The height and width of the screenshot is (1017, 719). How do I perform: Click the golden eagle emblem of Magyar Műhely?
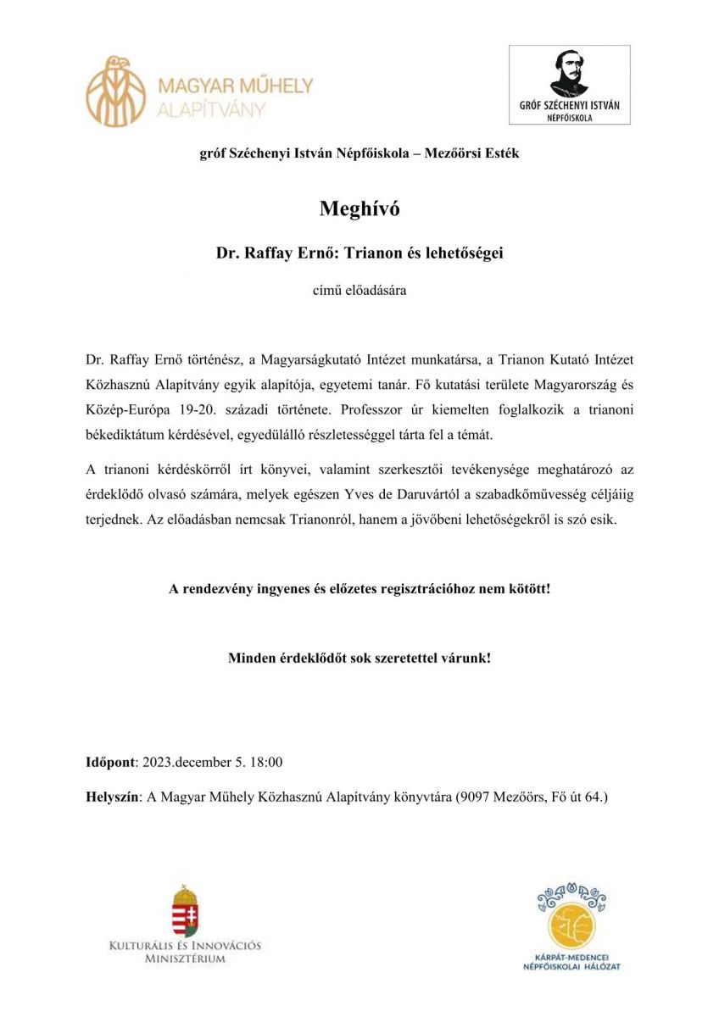coord(116,92)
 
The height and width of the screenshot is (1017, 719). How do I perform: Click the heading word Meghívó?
coord(359,209)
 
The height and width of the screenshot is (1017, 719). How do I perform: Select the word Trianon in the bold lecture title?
coord(367,253)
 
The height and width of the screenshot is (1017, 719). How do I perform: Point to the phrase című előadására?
coord(359,291)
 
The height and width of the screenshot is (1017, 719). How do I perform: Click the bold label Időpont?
coord(111,762)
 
